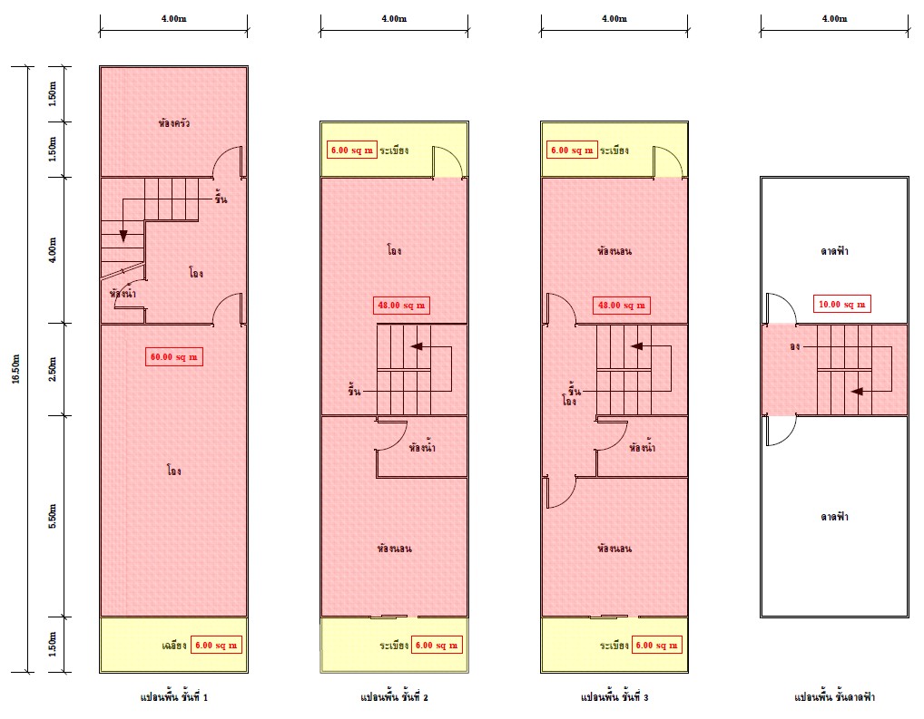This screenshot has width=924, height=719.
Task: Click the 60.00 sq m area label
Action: coord(174,357)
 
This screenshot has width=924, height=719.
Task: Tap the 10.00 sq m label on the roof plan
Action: coord(841,305)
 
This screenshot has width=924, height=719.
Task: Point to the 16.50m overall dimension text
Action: coord(16,369)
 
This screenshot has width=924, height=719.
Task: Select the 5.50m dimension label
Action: coord(53,516)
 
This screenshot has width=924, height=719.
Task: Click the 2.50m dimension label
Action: coord(53,369)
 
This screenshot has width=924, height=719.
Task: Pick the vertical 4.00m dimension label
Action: coord(53,249)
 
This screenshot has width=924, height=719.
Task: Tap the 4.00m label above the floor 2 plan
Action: coord(394,19)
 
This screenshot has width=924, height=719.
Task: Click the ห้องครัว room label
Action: coord(174,123)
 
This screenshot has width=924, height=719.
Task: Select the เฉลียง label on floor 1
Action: coord(174,646)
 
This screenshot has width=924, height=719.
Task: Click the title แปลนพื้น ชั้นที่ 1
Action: coord(174,697)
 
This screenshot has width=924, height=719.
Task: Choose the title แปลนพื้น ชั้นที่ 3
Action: coord(614,697)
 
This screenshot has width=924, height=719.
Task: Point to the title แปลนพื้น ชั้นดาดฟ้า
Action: coord(834,697)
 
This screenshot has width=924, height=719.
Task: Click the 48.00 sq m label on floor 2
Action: coord(401,305)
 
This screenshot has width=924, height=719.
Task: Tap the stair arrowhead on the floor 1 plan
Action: coord(123,236)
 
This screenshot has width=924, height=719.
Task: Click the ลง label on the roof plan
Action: coord(795,346)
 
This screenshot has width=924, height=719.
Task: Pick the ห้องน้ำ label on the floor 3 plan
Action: coord(643,448)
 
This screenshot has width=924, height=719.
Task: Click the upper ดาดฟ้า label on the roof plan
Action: coord(834,251)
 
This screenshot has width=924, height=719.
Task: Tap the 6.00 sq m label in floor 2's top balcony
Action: coord(352,151)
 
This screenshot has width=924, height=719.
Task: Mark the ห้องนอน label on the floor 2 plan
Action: coord(394,549)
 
